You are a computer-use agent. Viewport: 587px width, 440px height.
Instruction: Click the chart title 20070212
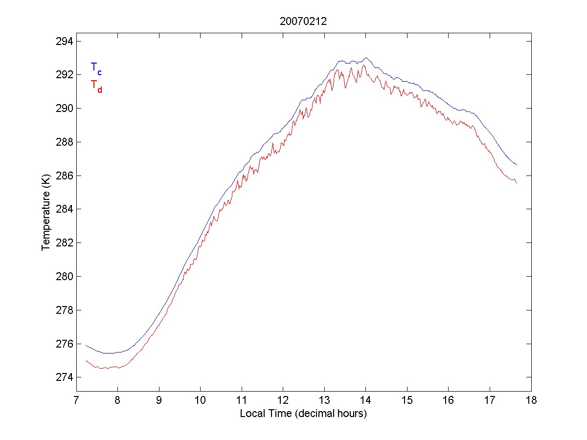(303, 22)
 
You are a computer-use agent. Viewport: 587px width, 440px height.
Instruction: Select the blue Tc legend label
(96, 68)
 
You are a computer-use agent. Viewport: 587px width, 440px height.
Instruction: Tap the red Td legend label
(96, 86)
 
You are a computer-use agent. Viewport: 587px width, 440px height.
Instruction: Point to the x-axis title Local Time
(303, 414)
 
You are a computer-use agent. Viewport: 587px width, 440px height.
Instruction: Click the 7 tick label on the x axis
(76, 401)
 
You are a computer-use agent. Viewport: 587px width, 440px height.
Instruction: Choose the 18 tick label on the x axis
(531, 401)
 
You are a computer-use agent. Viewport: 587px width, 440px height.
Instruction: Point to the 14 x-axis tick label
(366, 401)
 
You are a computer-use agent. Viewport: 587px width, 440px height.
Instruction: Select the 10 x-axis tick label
(201, 401)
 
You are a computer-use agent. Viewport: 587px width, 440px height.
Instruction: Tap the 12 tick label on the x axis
(283, 401)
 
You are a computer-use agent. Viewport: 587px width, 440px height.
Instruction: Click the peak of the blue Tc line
(366, 58)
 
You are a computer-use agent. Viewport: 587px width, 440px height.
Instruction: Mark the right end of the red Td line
(517, 182)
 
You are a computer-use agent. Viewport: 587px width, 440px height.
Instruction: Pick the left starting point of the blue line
(86, 345)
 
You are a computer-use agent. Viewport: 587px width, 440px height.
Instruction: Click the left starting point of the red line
(86, 361)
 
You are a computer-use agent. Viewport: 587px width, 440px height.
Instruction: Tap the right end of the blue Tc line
(517, 165)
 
